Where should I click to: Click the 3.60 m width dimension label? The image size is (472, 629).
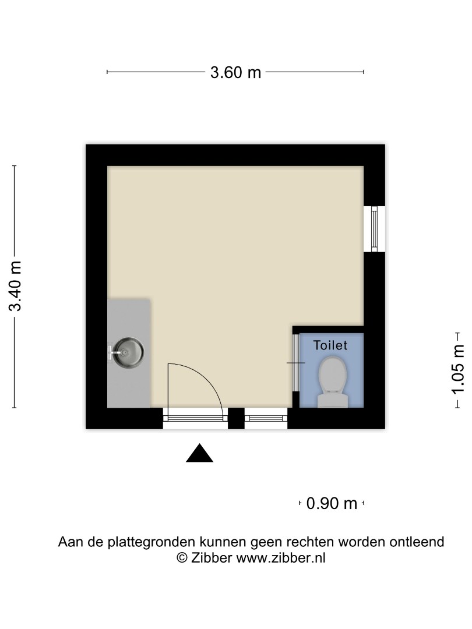tap(235, 72)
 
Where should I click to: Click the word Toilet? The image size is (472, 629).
tap(330, 345)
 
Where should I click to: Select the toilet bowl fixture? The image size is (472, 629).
tap(332, 374)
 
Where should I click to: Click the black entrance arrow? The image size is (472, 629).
tap(199, 453)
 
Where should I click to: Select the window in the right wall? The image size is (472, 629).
tap(375, 228)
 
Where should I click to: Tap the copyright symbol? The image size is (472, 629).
tap(182, 557)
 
